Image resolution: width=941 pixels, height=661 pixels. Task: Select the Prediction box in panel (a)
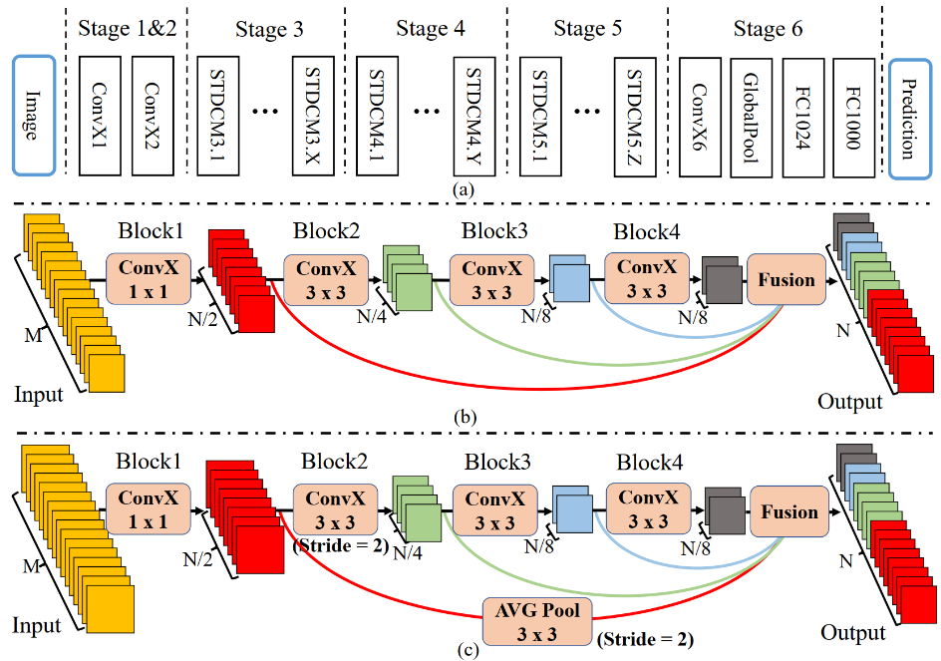pos(906,116)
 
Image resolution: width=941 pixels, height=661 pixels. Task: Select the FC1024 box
pos(803,116)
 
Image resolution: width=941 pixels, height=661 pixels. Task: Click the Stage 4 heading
pos(430,28)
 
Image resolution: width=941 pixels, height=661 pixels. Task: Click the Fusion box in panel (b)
pos(786,280)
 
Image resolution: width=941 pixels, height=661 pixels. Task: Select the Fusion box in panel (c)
pos(788,512)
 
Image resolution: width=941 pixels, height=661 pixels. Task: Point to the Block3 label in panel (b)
pos(492,231)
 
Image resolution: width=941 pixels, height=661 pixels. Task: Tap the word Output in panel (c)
pos(852,633)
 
